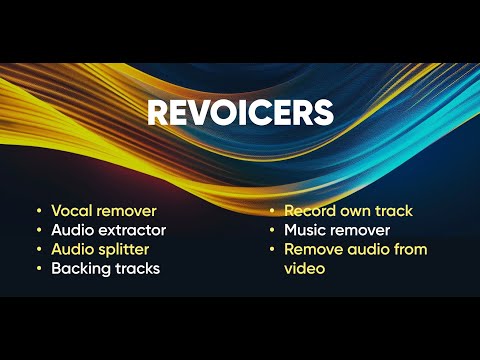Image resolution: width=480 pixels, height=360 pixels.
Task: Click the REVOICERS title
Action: [240, 112]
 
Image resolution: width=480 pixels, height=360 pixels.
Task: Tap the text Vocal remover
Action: [104, 211]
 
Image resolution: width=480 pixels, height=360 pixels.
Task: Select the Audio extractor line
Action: [108, 230]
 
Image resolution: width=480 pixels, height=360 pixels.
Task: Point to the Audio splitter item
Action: [102, 249]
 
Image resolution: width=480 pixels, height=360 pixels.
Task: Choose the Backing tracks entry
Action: [105, 268]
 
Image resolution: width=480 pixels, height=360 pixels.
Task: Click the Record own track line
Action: [348, 211]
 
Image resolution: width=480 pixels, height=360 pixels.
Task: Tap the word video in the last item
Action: [305, 268]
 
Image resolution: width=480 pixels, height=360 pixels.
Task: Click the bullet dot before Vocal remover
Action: [38, 212]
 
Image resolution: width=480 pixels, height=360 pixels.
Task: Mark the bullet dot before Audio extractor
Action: [38, 231]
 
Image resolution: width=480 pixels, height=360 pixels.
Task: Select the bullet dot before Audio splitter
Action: [38, 250]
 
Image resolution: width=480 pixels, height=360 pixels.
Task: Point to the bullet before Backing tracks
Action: [38, 269]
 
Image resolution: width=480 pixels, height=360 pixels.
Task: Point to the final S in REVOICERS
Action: [323, 112]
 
